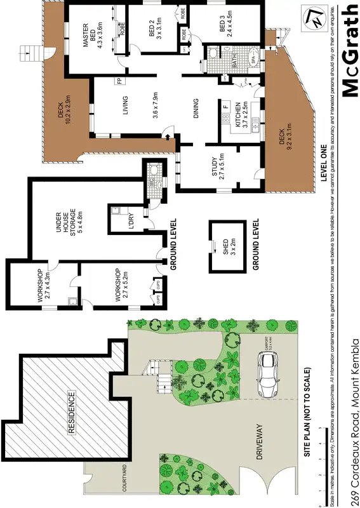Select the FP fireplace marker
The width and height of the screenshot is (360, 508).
(x=119, y=81)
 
